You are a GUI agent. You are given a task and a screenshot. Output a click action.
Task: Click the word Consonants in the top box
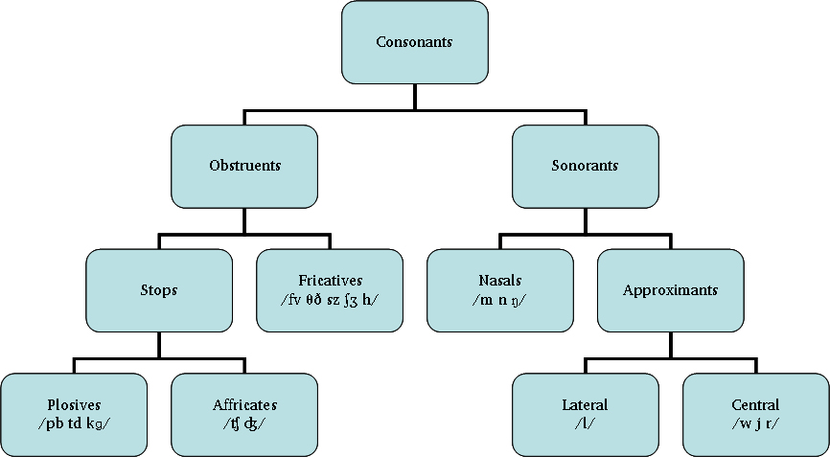coord(414,42)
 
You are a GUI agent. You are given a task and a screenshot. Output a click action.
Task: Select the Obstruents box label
coord(244,166)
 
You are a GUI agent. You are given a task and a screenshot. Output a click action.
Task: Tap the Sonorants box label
coord(585,166)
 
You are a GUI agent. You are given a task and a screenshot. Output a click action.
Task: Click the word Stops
coord(159,289)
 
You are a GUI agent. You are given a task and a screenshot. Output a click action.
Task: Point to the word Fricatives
coord(330,281)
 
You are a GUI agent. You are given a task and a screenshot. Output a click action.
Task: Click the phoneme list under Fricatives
coord(330,299)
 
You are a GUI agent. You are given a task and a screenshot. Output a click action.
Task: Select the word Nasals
coord(499,281)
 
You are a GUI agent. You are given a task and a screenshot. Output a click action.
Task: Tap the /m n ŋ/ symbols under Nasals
coord(499,299)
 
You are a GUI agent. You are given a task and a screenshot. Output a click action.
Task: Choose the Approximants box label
coord(670,289)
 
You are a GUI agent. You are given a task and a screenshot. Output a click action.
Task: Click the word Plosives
coord(74,404)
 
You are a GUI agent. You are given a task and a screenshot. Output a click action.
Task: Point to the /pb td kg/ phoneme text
coord(74,423)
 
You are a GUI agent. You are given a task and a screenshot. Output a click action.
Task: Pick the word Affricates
coord(244,404)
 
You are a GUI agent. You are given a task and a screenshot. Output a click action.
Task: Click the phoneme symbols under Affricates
coord(244,423)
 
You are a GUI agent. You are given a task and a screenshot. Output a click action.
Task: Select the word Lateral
coord(585,404)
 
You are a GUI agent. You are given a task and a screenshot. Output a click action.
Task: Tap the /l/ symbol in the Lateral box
coord(585,423)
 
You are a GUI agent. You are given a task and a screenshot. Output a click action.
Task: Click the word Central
coord(755,404)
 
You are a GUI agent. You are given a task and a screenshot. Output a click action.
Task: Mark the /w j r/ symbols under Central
coord(755,423)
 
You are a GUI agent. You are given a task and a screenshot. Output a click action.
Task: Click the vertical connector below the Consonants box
coord(414,97)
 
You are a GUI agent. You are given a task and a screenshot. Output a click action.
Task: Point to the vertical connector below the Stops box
coord(159,344)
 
